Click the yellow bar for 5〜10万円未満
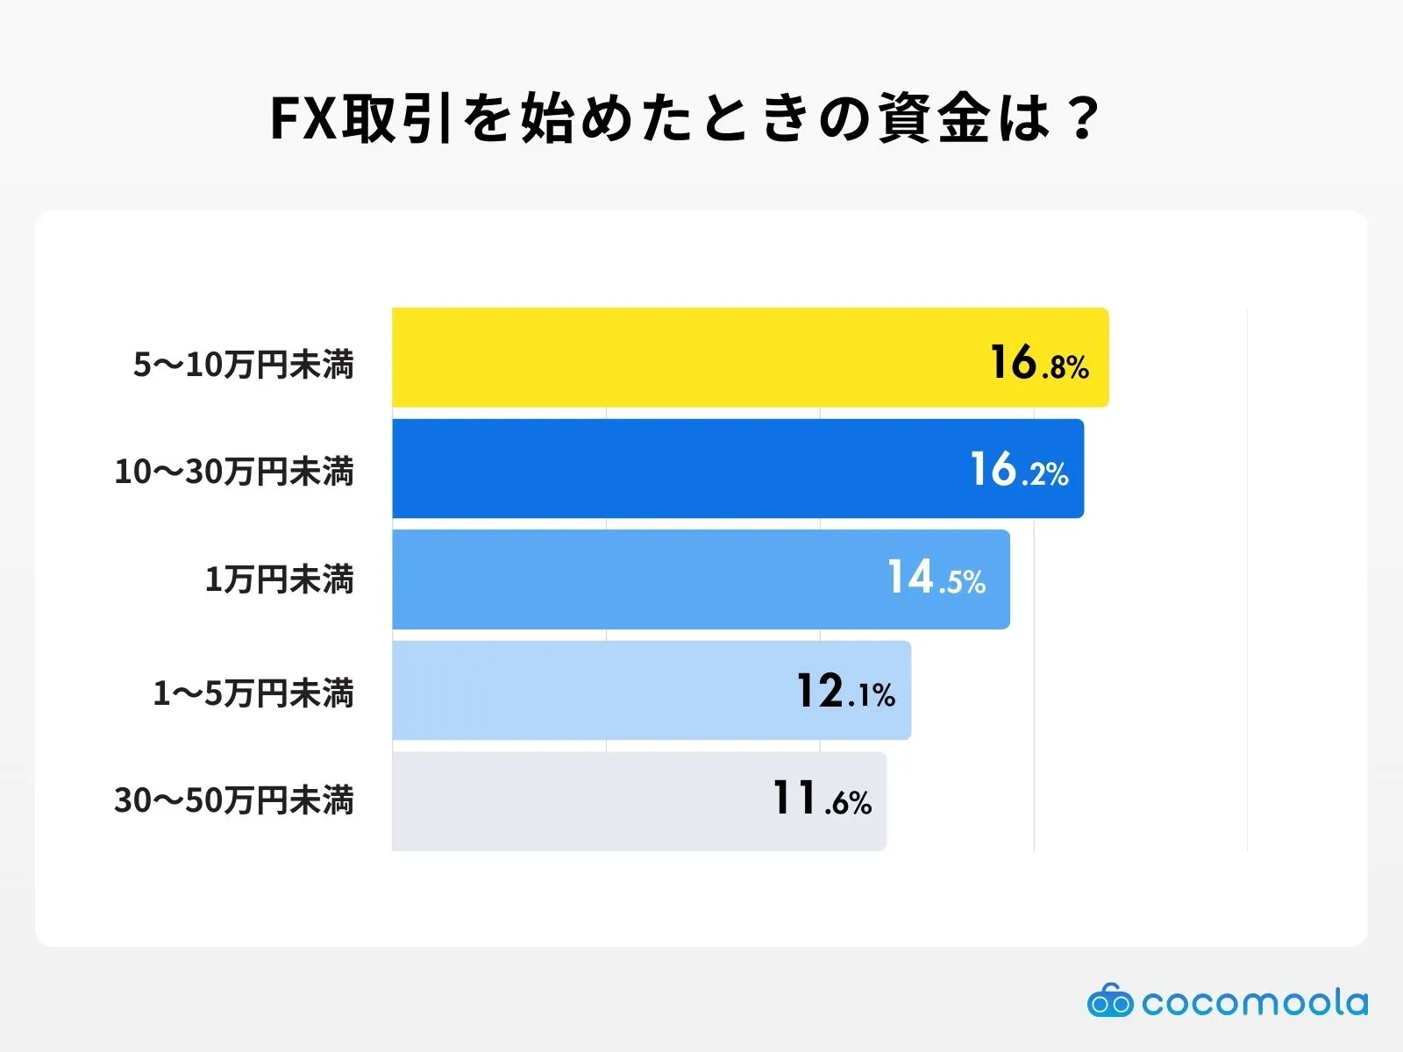684,357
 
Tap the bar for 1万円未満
631,579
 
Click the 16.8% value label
1039,363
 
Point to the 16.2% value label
1019,471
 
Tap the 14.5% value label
937,579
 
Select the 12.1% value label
845,692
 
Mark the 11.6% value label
822,800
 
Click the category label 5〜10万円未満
244,365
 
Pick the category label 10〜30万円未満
234,472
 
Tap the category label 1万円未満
279,579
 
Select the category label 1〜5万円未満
253,693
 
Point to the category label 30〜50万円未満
234,800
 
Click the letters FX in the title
303,118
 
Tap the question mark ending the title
1085,118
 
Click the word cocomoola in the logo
1255,1002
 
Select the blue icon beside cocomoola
1110,1001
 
